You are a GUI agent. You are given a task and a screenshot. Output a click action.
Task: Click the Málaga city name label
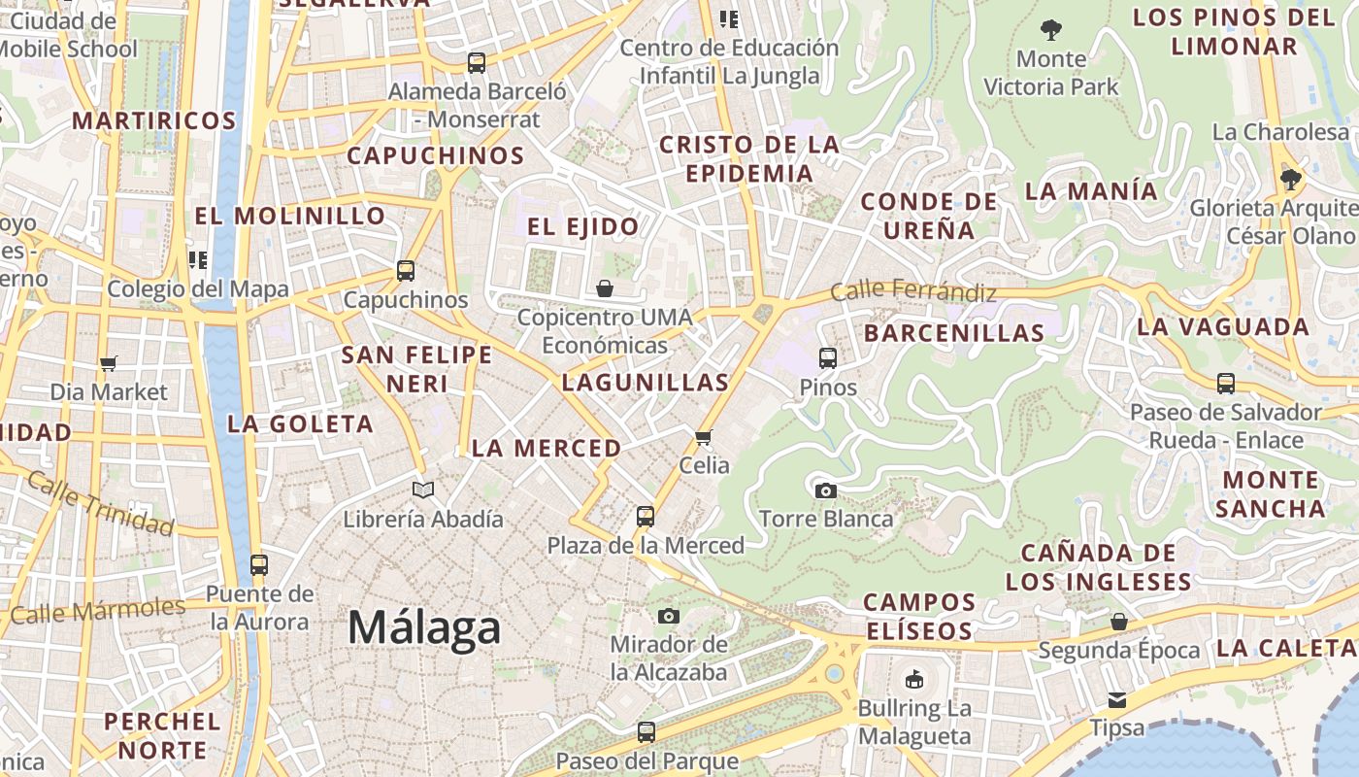point(424,627)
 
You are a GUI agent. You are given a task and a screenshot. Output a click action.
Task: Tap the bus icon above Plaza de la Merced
point(646,517)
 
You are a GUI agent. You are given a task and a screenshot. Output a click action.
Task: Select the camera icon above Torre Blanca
point(826,490)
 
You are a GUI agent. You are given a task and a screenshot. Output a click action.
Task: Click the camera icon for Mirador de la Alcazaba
point(668,616)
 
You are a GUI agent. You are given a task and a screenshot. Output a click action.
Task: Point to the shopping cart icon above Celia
point(704,437)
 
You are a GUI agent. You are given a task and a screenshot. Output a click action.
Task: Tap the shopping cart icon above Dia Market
point(109,363)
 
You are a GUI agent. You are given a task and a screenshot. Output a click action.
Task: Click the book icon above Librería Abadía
point(422,490)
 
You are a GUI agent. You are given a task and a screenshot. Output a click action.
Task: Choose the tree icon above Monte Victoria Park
point(1050,30)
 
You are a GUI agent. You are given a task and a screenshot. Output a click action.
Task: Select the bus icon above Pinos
point(828,358)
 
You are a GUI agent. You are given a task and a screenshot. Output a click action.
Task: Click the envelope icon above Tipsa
point(1117,699)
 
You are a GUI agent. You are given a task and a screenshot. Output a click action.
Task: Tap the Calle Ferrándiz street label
point(913,290)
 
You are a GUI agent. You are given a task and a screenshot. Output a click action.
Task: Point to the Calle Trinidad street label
point(100,503)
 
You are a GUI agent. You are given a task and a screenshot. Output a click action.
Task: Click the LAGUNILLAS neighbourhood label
point(645,383)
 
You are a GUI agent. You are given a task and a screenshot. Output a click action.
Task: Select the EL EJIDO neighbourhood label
point(582,227)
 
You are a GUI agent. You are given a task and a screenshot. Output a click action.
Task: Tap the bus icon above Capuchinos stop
point(406,271)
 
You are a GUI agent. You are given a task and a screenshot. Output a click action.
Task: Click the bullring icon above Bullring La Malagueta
point(913,679)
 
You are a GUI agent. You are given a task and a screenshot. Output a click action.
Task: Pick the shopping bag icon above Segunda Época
point(1119,622)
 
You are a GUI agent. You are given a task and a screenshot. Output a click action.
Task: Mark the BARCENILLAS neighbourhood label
point(953,333)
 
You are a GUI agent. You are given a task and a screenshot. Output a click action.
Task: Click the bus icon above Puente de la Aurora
point(259,565)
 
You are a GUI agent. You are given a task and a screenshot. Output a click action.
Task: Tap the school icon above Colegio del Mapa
point(198,259)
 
